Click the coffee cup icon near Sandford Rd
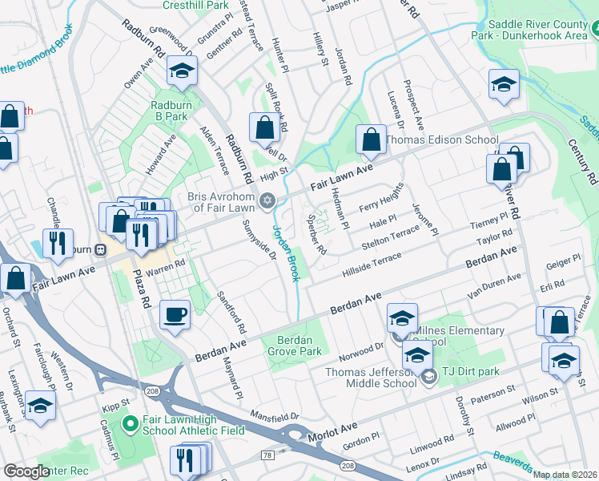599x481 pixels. (175, 314)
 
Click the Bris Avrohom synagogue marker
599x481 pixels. (268, 200)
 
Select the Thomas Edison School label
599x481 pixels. (441, 139)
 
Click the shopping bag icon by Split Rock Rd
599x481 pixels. (263, 127)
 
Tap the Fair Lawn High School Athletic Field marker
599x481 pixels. (127, 422)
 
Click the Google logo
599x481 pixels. (26, 471)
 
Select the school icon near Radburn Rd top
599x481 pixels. (182, 71)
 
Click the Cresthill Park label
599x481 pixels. (195, 5)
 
